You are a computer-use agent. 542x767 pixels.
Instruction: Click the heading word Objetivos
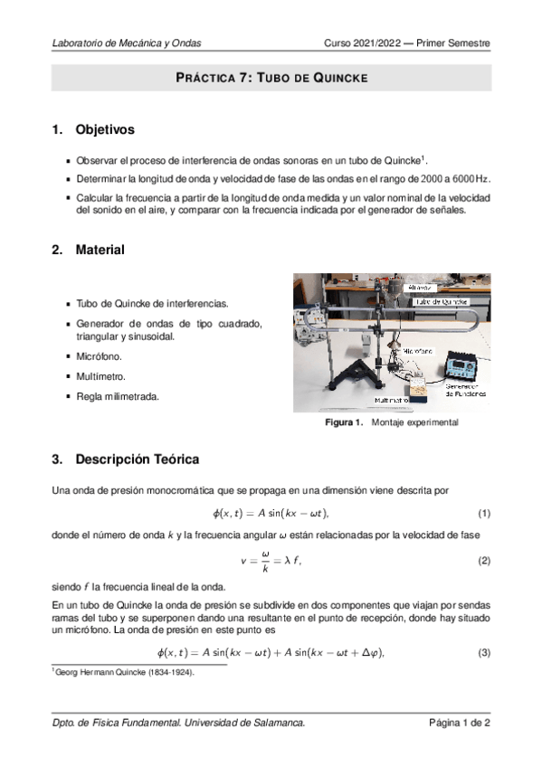[x=105, y=130]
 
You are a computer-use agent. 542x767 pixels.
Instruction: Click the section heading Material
[x=100, y=249]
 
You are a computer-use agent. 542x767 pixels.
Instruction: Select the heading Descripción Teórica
[x=137, y=459]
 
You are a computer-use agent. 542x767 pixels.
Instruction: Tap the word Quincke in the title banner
[x=338, y=78]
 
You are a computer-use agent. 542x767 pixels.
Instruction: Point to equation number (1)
[x=484, y=514]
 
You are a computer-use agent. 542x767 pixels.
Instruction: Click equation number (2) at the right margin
[x=484, y=561]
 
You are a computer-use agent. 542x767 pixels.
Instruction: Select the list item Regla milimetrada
[x=118, y=393]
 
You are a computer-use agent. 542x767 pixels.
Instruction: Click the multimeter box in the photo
[x=420, y=390]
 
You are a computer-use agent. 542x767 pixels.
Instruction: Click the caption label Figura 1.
[x=344, y=422]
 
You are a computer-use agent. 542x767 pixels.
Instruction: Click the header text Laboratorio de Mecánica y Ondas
[x=127, y=43]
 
